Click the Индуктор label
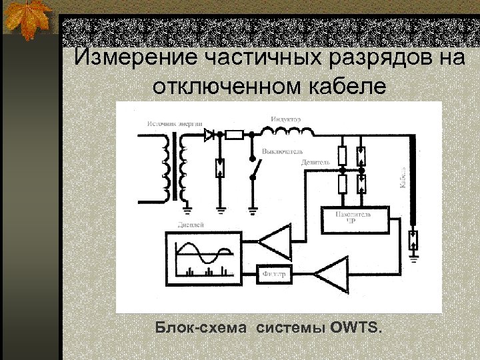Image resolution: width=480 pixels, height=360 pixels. tap(286, 119)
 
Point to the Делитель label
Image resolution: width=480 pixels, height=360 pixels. tap(315, 163)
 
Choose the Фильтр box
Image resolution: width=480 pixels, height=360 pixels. tap(273, 273)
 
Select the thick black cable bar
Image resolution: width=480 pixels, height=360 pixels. tap(413, 180)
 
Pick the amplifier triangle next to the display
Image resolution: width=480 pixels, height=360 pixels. tap(276, 240)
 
